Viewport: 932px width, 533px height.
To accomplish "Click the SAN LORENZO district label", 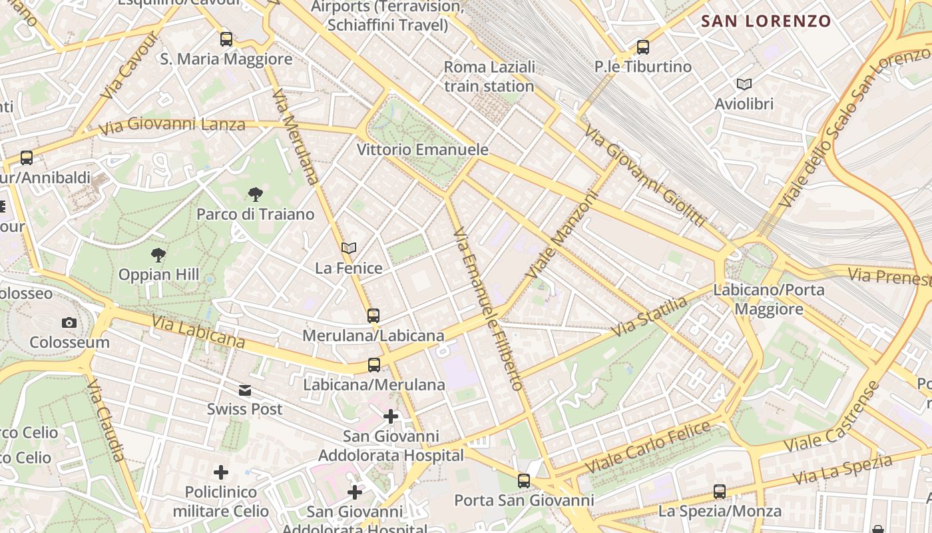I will coord(766,21).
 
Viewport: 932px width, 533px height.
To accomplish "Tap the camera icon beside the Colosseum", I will coord(69,323).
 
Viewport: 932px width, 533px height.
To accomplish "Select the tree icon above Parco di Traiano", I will coord(255,195).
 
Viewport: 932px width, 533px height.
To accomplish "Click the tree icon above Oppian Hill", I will coord(158,255).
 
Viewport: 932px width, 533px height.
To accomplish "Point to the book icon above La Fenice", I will coord(349,249).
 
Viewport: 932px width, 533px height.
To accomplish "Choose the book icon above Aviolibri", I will coord(744,84).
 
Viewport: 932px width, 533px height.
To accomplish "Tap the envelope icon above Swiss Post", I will coord(245,390).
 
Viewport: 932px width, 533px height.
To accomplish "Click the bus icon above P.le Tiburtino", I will coord(642,47).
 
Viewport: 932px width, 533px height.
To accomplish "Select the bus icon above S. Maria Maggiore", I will coord(226,39).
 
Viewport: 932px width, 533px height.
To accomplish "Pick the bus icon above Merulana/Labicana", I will coord(373,316).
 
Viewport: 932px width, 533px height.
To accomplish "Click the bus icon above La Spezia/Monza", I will coord(720,492).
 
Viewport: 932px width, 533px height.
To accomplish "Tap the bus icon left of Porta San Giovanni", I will coord(524,480).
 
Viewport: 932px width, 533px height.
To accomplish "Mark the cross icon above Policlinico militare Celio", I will coord(221,472).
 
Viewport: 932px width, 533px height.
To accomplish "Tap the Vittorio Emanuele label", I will coord(423,150).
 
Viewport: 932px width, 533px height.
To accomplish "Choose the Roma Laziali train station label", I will coord(489,77).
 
